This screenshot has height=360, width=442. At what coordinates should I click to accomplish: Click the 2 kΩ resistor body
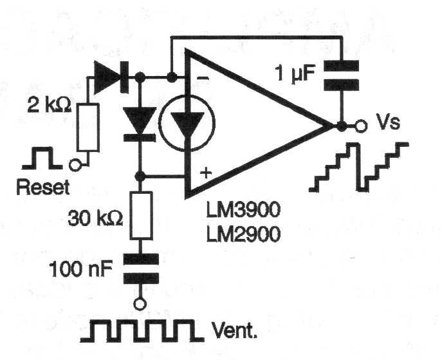(x=88, y=128)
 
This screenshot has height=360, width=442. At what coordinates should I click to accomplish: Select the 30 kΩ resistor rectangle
(x=141, y=216)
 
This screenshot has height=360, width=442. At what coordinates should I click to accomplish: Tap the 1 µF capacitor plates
(x=342, y=75)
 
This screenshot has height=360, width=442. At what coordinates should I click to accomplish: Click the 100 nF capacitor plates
(x=141, y=269)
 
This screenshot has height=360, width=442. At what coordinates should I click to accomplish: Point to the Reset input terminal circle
(x=75, y=165)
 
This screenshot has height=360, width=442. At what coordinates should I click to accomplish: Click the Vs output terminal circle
(x=361, y=126)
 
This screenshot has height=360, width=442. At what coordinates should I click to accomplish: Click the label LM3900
(x=244, y=210)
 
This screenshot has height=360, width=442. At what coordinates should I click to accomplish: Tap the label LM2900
(x=244, y=234)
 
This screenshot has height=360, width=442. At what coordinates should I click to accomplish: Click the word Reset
(x=43, y=187)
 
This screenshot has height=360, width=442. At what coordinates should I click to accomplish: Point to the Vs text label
(x=389, y=123)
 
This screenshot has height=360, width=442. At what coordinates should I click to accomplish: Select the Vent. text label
(x=235, y=330)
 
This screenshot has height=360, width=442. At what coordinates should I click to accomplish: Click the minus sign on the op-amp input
(x=203, y=78)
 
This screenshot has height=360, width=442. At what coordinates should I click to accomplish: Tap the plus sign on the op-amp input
(x=206, y=173)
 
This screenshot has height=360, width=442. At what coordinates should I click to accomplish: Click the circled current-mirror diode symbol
(x=187, y=123)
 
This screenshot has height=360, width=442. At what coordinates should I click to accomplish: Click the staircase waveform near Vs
(x=359, y=167)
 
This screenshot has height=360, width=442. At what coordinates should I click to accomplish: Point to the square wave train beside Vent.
(x=142, y=330)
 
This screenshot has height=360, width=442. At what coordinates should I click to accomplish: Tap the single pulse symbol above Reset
(x=42, y=158)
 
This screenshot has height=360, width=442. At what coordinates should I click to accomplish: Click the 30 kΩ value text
(x=96, y=218)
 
